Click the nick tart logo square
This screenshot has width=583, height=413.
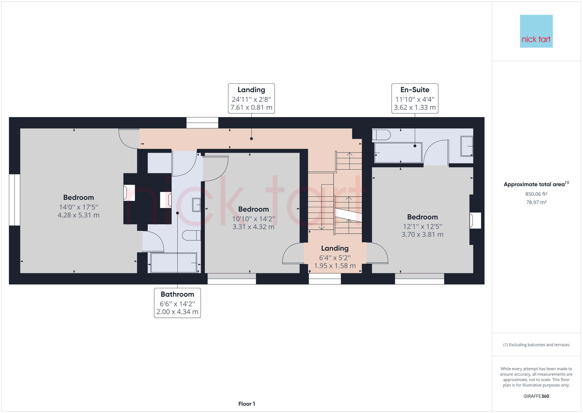pyautogui.click(x=536, y=31)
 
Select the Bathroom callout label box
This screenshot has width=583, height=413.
pyautogui.click(x=177, y=303)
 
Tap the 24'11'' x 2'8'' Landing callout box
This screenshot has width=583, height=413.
pyautogui.click(x=251, y=98)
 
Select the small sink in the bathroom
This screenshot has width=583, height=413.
pyautogui.click(x=196, y=205)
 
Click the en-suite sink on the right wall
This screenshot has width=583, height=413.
pyautogui.click(x=467, y=146)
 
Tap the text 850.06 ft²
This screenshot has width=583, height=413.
pyautogui.click(x=536, y=194)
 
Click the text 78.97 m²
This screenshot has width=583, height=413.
pyautogui.click(x=536, y=202)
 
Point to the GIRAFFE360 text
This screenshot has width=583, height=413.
pyautogui.click(x=536, y=396)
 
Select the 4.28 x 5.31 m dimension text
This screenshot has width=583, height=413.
pyautogui.click(x=78, y=215)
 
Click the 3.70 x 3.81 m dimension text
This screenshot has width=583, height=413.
pyautogui.click(x=422, y=234)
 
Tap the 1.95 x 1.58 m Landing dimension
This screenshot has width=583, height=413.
pyautogui.click(x=335, y=266)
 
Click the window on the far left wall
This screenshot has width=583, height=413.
pyautogui.click(x=15, y=200)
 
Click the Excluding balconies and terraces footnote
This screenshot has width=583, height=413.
pyautogui.click(x=536, y=345)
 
